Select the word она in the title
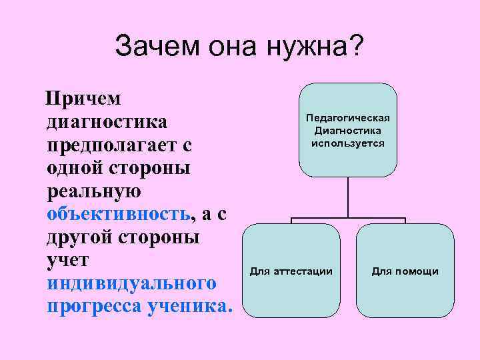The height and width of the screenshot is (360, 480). coord(229,47)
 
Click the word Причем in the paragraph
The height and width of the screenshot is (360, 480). coord(83,99)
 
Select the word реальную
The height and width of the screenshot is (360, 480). coord(94,191)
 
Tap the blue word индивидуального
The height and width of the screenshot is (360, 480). coord(131,283)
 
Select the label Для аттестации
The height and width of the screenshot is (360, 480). coord(291,271)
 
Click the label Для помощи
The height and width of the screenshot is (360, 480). coord(405,271)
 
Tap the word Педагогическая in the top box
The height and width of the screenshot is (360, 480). coord(347,118)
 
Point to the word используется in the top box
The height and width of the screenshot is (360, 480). coord(347,143)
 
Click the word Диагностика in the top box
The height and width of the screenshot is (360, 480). coord(347,131)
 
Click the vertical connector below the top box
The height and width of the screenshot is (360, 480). coord(347,197)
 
